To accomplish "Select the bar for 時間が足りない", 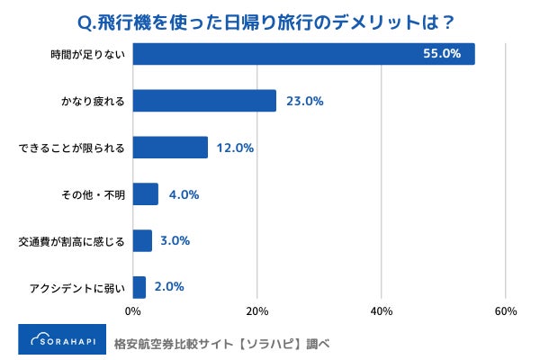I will [x=303, y=54].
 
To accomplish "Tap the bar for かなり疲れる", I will [x=204, y=101].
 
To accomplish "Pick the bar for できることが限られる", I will [x=170, y=148].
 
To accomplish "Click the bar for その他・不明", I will [x=146, y=194].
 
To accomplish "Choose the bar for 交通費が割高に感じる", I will [x=142, y=240].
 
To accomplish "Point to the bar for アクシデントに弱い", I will [x=139, y=287].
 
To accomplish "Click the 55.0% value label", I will [x=442, y=54].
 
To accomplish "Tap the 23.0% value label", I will [x=304, y=101].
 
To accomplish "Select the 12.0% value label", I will [x=236, y=148].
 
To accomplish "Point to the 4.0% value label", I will [x=183, y=194].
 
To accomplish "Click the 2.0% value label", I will [x=170, y=287].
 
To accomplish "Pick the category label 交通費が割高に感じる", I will [x=72, y=241].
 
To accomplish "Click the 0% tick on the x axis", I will [x=133, y=312].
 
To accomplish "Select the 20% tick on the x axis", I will [x=257, y=312].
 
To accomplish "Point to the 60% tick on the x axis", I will [x=505, y=312].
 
